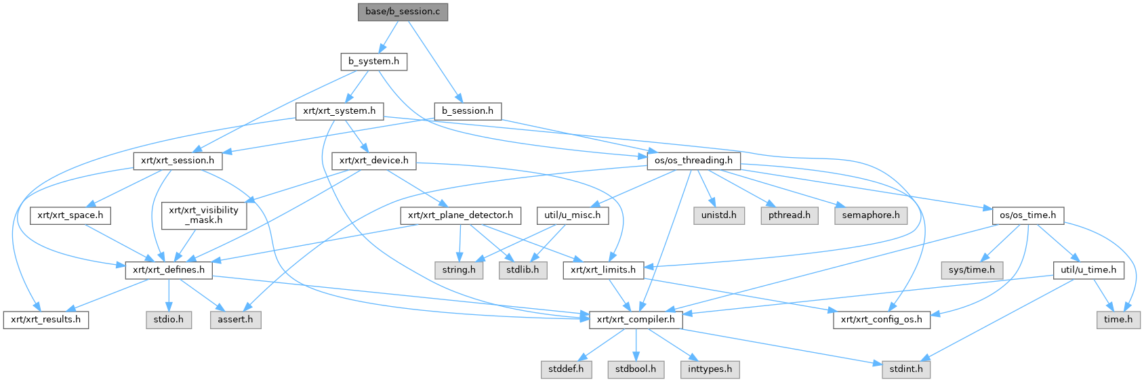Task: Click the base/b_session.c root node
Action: coord(403,12)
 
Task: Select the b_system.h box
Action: coord(373,61)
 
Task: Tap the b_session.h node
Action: coord(468,110)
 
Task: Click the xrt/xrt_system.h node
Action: coord(339,110)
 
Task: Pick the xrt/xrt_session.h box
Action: coord(178,161)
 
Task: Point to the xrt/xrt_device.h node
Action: coord(373,161)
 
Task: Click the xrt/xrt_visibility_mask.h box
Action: coord(204,215)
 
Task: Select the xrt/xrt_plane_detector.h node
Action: coord(461,215)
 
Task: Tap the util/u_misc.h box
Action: coord(573,215)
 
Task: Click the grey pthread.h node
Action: coord(790,215)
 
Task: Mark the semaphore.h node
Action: coord(871,215)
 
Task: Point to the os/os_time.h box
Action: coord(1028,215)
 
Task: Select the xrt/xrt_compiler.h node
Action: coord(636,319)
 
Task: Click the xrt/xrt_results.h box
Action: coord(45,319)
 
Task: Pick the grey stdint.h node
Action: coord(906,369)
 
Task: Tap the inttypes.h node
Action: coord(710,369)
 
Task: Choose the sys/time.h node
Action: coord(972,270)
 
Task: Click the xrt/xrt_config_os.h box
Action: coord(881,319)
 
